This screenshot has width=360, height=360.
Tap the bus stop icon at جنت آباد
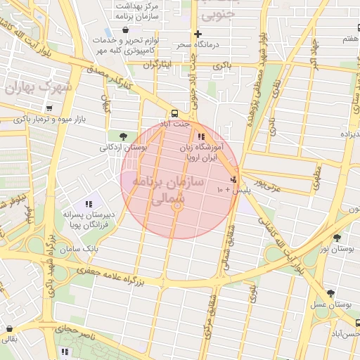173,113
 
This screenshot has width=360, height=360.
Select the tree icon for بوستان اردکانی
124,136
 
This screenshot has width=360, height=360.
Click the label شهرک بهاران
38,88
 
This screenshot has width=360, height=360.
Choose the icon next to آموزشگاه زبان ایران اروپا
201,136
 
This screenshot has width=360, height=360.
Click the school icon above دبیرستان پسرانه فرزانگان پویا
88,205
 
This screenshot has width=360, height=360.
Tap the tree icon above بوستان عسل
330,292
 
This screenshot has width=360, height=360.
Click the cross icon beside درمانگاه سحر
198,34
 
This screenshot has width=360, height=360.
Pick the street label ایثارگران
157,65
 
